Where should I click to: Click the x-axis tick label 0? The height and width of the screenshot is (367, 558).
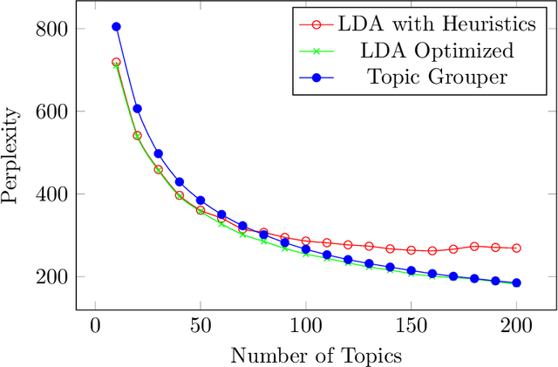pyautogui.click(x=95, y=326)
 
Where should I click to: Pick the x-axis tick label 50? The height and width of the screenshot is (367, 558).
pyautogui.click(x=200, y=326)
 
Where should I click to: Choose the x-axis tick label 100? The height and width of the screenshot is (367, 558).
pyautogui.click(x=305, y=326)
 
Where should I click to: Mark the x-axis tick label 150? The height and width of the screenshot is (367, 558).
pyautogui.click(x=411, y=326)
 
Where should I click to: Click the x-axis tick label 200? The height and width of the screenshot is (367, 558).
pyautogui.click(x=516, y=326)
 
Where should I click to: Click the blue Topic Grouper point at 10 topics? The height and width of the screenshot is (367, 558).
pyautogui.click(x=116, y=27)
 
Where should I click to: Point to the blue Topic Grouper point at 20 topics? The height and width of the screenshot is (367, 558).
pyautogui.click(x=137, y=109)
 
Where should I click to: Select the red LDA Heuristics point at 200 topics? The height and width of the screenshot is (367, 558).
pyautogui.click(x=516, y=248)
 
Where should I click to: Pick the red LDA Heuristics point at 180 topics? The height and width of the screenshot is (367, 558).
pyautogui.click(x=474, y=247)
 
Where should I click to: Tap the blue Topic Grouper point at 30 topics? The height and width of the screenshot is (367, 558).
pyautogui.click(x=158, y=153)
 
